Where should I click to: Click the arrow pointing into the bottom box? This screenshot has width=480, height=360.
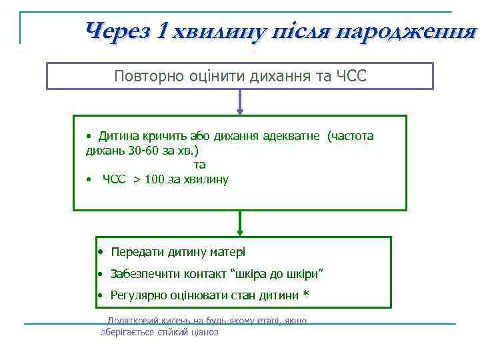tap(240, 224)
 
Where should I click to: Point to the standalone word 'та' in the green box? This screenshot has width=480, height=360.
tap(199, 164)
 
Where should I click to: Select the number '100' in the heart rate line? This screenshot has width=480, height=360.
tap(154, 179)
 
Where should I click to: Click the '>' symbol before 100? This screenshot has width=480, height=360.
tap(137, 179)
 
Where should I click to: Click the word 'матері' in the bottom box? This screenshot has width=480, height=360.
tap(229, 252)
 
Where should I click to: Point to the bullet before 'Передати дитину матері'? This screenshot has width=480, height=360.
tap(99, 252)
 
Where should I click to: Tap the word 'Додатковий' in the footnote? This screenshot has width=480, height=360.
tap(133, 321)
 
